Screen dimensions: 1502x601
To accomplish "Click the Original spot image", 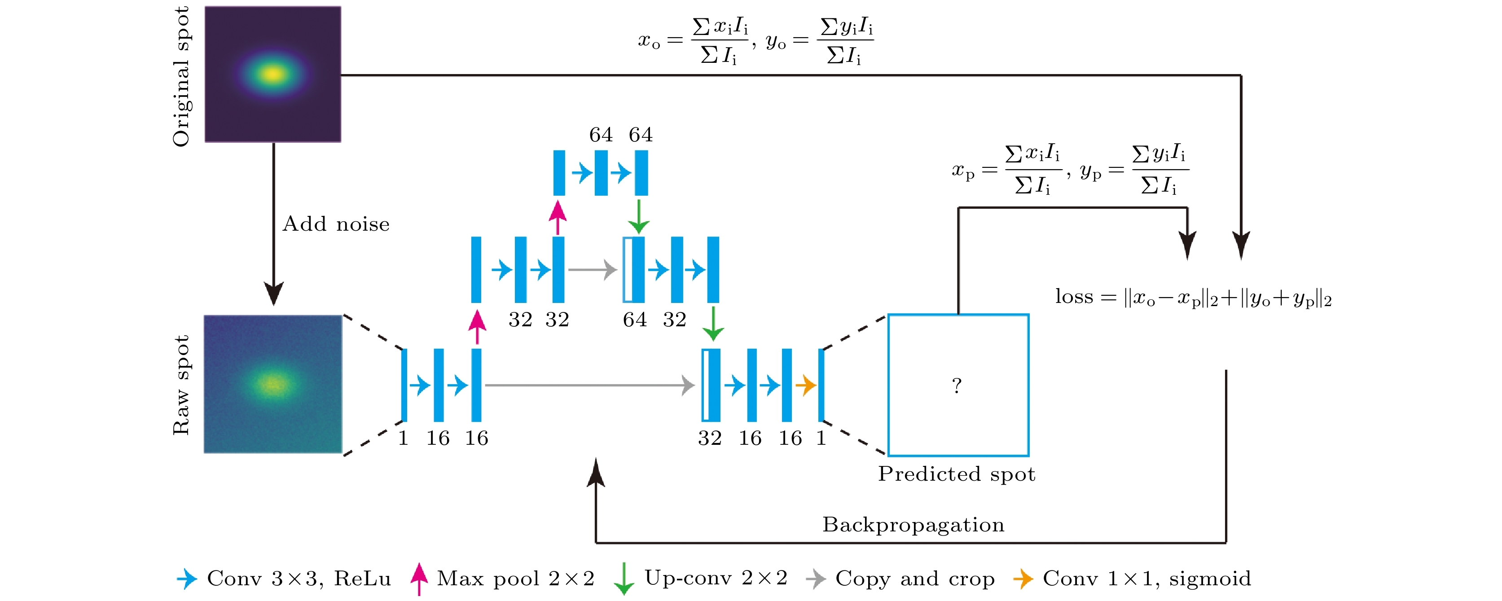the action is pyautogui.click(x=273, y=74).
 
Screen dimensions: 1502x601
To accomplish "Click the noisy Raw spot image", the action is pyautogui.click(x=273, y=384).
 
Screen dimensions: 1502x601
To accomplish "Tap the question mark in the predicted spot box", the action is pyautogui.click(x=957, y=385).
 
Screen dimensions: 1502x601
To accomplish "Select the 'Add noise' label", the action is pyautogui.click(x=336, y=224).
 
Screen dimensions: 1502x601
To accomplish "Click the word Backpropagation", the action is pyautogui.click(x=913, y=525).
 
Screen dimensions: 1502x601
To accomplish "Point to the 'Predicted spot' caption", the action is pyautogui.click(x=957, y=474).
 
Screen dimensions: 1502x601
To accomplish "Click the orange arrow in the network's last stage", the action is pyautogui.click(x=806, y=385).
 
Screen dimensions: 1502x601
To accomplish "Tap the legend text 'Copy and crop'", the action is pyautogui.click(x=914, y=579).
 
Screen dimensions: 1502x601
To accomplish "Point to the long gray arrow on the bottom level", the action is pyautogui.click(x=589, y=385).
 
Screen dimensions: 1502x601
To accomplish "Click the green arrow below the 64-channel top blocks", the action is pyautogui.click(x=639, y=217).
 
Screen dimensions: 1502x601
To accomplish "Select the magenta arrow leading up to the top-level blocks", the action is pyautogui.click(x=558, y=217).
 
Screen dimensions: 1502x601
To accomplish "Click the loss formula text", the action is pyautogui.click(x=1194, y=298).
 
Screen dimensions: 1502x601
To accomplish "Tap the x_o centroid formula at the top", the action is pyautogui.click(x=693, y=41).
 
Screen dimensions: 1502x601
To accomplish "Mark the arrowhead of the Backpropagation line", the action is pyautogui.click(x=595, y=471).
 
